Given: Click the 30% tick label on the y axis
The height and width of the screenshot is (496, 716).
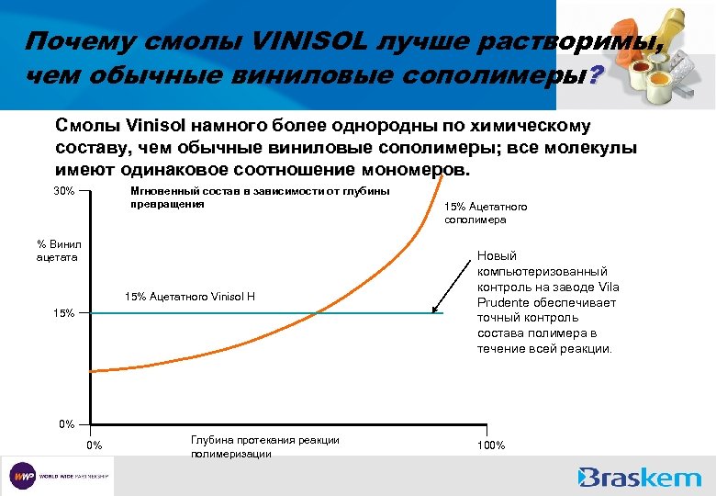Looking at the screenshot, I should coord(63,191).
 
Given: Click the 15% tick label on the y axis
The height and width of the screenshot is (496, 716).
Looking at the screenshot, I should coord(63,313).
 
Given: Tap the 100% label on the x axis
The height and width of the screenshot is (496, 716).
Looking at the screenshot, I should coord(491,445).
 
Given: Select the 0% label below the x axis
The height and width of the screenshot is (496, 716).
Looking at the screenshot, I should coord(95,445).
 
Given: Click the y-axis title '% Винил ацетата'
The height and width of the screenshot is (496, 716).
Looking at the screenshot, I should coord(59,250).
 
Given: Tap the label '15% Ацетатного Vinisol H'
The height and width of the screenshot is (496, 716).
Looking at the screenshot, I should coord(189,297).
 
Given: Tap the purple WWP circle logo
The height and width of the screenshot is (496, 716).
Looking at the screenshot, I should coord(23,477).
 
